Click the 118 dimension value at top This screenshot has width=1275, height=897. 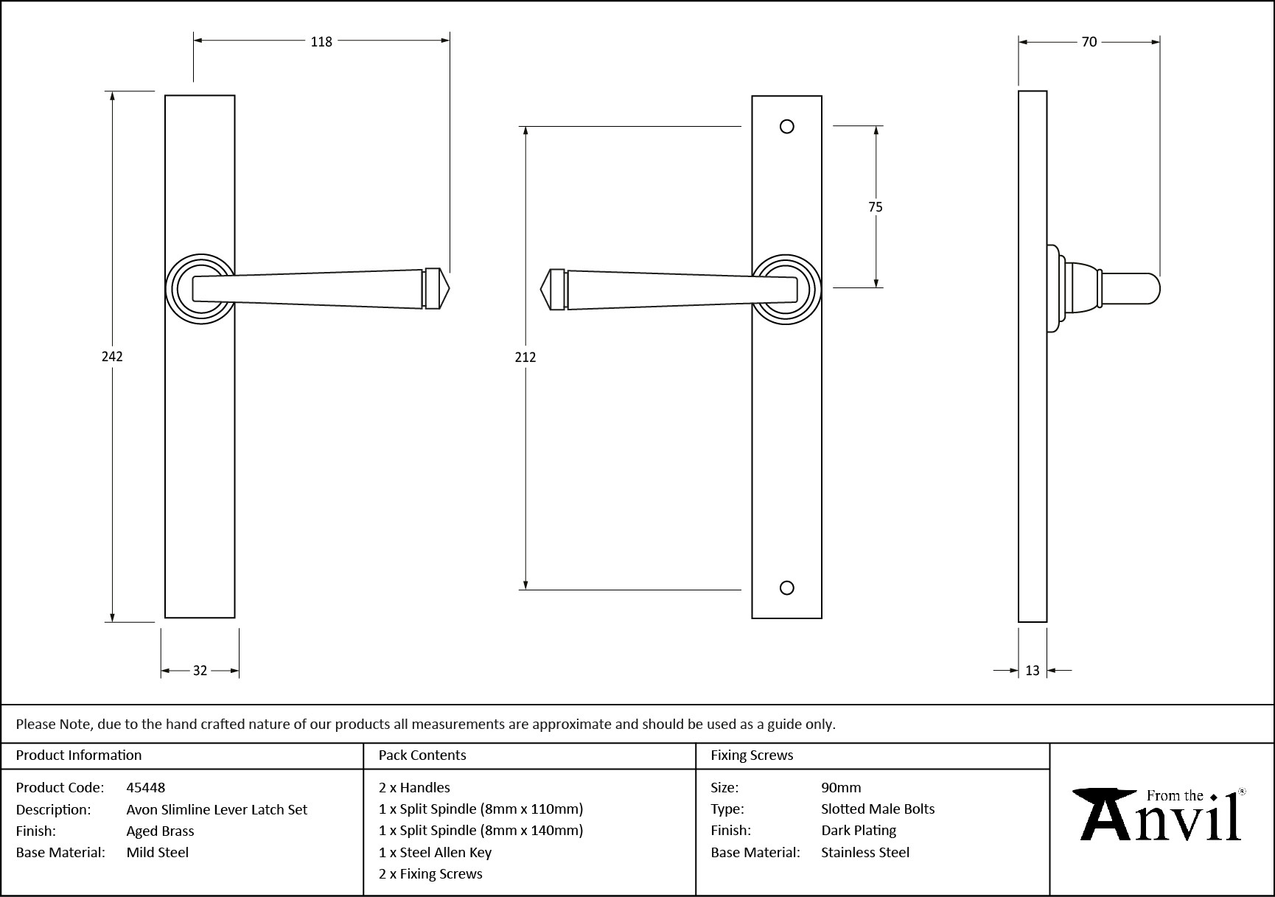click(321, 42)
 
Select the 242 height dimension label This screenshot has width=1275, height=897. click(112, 357)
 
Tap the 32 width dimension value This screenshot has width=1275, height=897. click(200, 671)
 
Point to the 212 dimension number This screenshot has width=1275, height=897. click(525, 357)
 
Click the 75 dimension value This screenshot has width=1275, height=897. click(875, 207)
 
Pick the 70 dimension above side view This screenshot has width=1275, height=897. click(1089, 43)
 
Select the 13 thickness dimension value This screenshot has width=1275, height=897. click(1032, 671)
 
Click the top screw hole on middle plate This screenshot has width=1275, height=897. click(786, 127)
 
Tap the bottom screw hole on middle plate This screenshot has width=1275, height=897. click(786, 587)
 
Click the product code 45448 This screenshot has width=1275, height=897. click(146, 787)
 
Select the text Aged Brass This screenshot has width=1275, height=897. click(160, 831)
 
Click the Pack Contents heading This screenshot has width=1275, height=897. click(422, 755)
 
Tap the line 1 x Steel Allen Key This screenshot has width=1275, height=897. click(435, 852)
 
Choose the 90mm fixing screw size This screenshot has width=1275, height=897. click(841, 787)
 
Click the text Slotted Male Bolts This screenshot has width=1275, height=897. click(878, 809)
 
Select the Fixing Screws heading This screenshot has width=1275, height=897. click(752, 755)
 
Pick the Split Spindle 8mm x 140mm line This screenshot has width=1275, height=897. click(481, 831)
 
